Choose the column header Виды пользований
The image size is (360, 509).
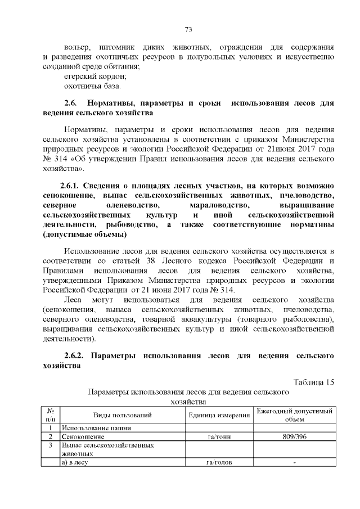coord(123,415)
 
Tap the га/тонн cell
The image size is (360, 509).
coord(219,436)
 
